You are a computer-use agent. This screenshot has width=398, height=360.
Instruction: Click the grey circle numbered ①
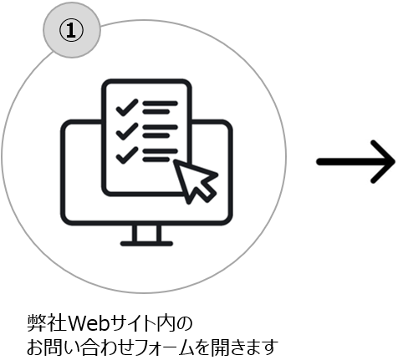pos(72,30)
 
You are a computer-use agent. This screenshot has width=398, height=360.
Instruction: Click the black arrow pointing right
pos(355,162)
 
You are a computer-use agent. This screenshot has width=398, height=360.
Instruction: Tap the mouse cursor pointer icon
pos(195,181)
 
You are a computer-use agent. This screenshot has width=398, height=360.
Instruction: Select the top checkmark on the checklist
pos(127,107)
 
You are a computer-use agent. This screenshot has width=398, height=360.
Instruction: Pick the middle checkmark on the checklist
pos(127,131)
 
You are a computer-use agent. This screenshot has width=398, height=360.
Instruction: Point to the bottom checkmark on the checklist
pos(127,155)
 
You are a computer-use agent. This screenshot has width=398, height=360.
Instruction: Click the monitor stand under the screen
pos(146,236)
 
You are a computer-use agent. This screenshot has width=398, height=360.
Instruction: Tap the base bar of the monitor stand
pos(146,244)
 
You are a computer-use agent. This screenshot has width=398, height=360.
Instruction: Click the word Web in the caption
pos(89,323)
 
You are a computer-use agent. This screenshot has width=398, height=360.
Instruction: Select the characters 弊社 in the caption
pos(47,323)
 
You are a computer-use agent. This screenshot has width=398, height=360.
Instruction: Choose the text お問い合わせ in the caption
pos(82,347)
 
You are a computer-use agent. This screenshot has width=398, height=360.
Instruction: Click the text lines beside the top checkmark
pos(160,108)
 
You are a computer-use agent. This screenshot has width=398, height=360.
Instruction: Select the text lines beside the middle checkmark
pos(160,131)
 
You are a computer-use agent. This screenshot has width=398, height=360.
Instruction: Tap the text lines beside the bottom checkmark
pos(160,155)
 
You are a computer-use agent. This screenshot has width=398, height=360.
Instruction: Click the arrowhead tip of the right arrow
pos(395,162)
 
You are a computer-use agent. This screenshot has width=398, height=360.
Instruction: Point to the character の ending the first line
pos(184,324)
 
